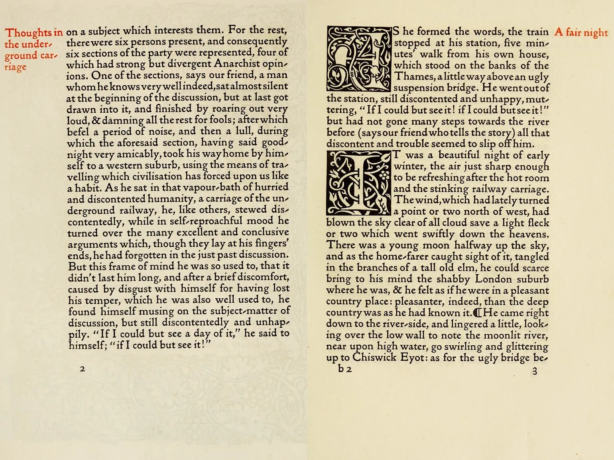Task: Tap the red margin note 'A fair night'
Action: (581, 32)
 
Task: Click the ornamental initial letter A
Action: (359, 59)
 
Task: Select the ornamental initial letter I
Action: (359, 183)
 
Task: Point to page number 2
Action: (83, 369)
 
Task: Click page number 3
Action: (535, 371)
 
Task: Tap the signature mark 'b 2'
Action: (345, 369)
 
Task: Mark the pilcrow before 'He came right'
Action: (477, 313)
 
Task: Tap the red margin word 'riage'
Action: (16, 67)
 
